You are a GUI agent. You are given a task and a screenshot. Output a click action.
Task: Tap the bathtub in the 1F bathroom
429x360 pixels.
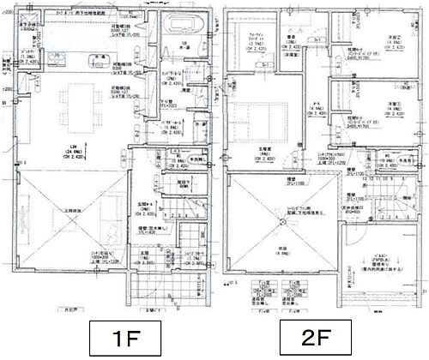[x=184, y=24]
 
